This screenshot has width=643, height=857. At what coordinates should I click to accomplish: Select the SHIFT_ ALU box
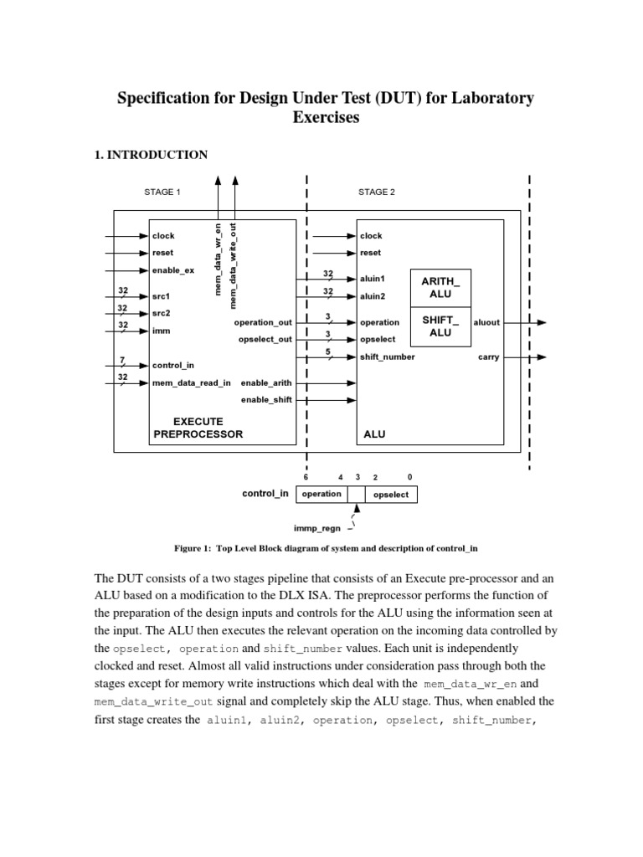440,326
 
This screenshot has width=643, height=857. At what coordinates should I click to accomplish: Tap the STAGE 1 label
162,192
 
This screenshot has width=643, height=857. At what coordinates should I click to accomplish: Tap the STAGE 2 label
376,192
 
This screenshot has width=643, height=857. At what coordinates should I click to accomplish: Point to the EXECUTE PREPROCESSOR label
198,428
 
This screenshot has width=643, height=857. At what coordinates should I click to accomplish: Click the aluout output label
487,322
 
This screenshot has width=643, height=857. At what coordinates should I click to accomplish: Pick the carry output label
488,357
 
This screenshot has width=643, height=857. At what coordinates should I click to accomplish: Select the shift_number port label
387,357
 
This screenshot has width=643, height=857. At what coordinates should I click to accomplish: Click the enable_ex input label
172,270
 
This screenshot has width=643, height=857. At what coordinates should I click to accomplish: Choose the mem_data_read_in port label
191,382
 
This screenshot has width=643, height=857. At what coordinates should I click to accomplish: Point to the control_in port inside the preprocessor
173,366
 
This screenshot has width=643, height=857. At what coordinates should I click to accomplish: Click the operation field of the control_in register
321,494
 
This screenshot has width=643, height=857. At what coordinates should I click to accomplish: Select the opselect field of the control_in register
391,495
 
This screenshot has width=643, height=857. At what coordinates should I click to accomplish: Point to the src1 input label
161,296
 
